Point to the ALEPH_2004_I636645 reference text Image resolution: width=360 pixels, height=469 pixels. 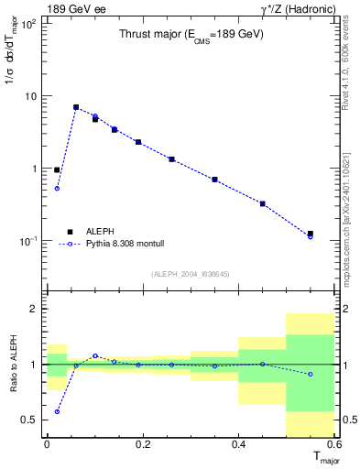[191, 273]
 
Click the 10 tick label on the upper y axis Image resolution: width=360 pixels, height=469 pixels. [32, 96]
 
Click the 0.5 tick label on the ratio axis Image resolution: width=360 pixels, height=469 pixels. [30, 420]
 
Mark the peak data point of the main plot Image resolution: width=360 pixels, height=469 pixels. [76, 107]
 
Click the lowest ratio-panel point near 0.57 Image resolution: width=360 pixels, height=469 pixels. [57, 411]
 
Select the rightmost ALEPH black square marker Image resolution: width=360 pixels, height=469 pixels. [311, 234]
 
